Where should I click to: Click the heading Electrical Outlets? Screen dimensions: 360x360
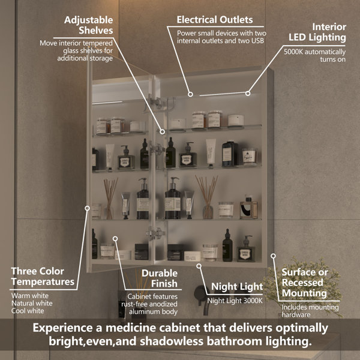click(x=215, y=20)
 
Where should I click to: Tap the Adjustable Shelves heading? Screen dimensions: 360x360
click(x=89, y=25)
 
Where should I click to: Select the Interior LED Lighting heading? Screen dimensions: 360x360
click(x=317, y=32)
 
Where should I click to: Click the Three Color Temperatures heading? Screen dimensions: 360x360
click(x=43, y=277)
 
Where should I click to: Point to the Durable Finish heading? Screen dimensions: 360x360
click(x=160, y=278)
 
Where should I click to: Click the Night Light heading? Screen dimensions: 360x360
click(x=237, y=287)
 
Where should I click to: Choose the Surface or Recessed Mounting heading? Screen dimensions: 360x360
click(x=305, y=283)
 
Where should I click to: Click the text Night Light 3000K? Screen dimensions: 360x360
click(x=235, y=301)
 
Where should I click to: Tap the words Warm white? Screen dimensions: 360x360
click(x=30, y=295)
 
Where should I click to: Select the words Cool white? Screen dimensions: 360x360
click(x=28, y=311)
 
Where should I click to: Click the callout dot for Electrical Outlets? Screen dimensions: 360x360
click(x=190, y=94)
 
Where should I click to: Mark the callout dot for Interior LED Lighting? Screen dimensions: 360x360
click(x=248, y=94)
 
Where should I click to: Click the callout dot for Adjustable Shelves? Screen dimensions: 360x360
click(x=163, y=132)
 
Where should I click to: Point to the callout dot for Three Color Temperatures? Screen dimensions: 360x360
click(x=87, y=208)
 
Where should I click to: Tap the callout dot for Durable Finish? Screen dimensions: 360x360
click(x=115, y=239)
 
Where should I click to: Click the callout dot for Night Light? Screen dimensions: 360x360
click(x=199, y=266)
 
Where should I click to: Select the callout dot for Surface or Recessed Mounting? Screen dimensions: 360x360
click(x=273, y=256)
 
